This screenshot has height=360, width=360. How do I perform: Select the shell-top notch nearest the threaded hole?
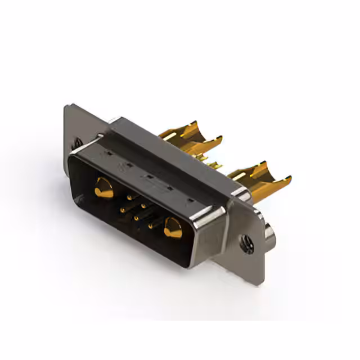[x=190, y=199]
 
